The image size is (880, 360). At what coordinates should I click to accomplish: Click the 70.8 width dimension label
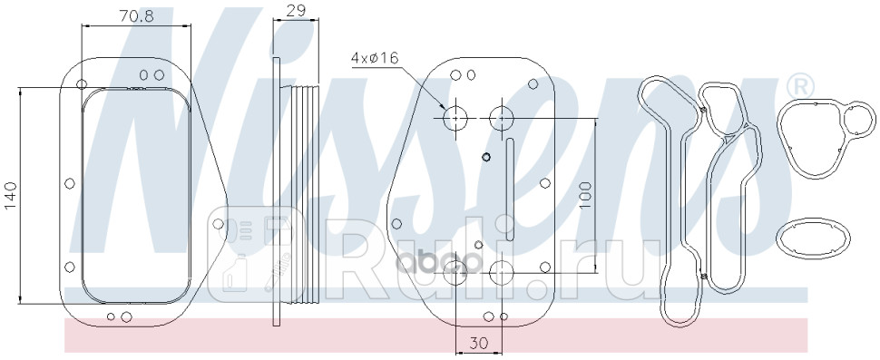point(136,16)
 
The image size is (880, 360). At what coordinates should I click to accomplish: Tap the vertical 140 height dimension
point(11,196)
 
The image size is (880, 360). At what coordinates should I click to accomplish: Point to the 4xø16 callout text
point(375,58)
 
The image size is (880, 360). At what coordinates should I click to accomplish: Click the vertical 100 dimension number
point(584,195)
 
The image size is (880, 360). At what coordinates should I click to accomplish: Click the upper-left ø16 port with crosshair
point(455,118)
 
